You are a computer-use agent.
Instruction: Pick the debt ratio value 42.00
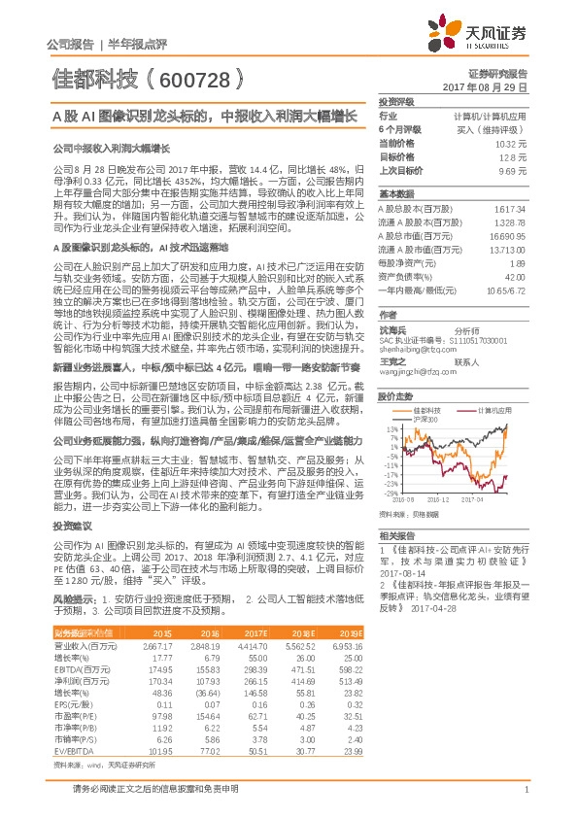pos(517,276)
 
